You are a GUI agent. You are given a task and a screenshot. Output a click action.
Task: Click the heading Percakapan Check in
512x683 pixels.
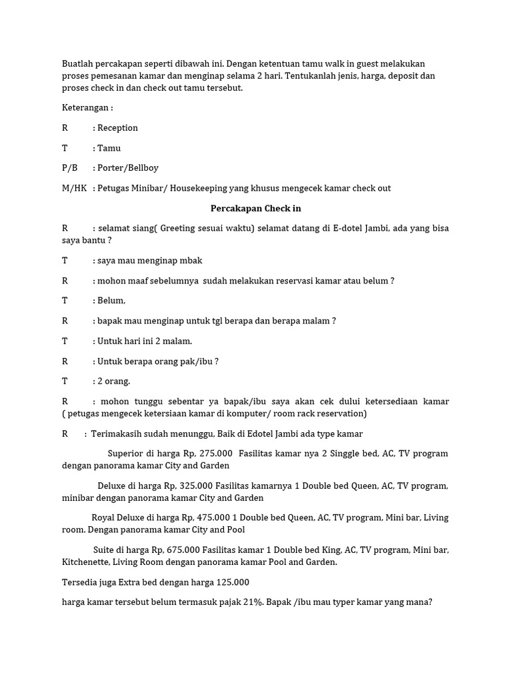pos(255,208)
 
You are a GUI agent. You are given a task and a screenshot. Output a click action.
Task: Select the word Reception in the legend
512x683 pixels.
pos(118,127)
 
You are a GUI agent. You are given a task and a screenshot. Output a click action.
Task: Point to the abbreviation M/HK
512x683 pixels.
pos(75,188)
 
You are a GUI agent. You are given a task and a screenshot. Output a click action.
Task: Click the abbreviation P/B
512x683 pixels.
pos(70,168)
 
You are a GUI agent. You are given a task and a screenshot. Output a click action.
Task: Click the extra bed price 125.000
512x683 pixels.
pos(233,582)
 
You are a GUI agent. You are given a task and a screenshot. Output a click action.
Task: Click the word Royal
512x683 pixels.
pos(104,518)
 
